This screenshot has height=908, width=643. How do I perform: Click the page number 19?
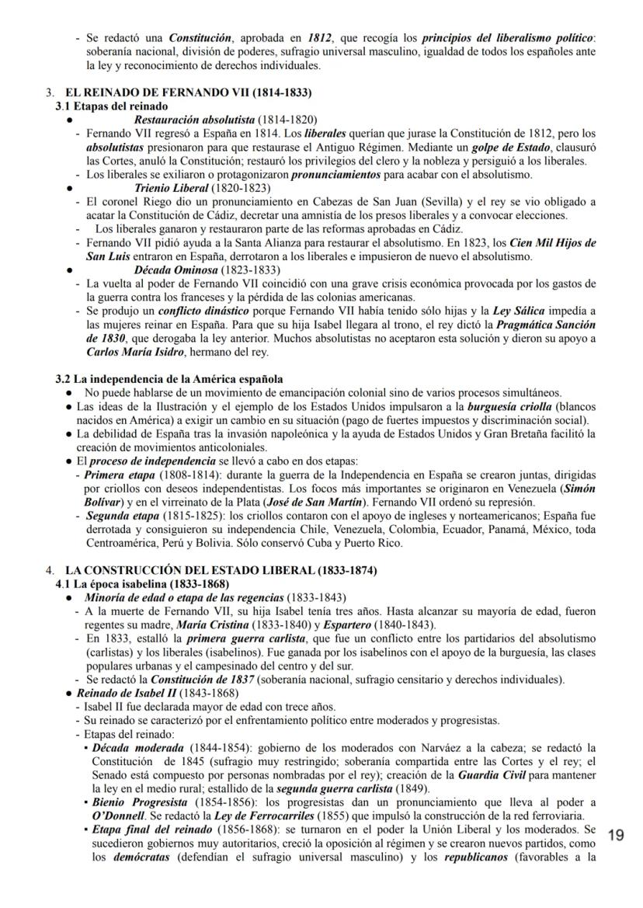(x=616, y=835)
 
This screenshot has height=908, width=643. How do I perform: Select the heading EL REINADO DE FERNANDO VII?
(x=189, y=92)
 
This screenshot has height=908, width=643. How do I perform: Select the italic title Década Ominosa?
(x=172, y=270)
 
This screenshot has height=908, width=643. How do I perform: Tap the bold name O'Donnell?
(x=118, y=815)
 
